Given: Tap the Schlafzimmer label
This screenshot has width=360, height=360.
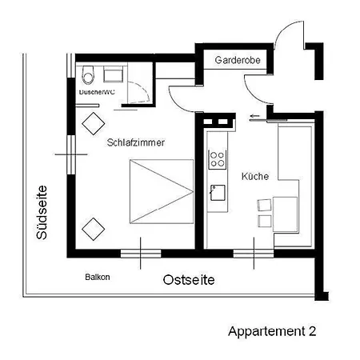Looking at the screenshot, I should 136,142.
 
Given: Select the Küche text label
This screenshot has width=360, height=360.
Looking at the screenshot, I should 254,177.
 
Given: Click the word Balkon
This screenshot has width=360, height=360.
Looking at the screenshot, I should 97,278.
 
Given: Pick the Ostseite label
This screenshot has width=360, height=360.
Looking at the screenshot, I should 189,281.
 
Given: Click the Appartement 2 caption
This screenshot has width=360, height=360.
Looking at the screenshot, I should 278,330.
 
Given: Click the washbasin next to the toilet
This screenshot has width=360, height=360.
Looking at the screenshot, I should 113,75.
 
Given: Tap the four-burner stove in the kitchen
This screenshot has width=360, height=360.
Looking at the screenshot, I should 217,159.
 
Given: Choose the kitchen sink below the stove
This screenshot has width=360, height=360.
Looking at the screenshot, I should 217,192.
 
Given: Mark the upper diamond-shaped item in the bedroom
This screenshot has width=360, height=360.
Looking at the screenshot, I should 94,122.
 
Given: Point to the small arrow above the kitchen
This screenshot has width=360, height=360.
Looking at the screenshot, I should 254,117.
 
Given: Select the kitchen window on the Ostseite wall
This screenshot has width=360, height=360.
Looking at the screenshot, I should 254,254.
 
